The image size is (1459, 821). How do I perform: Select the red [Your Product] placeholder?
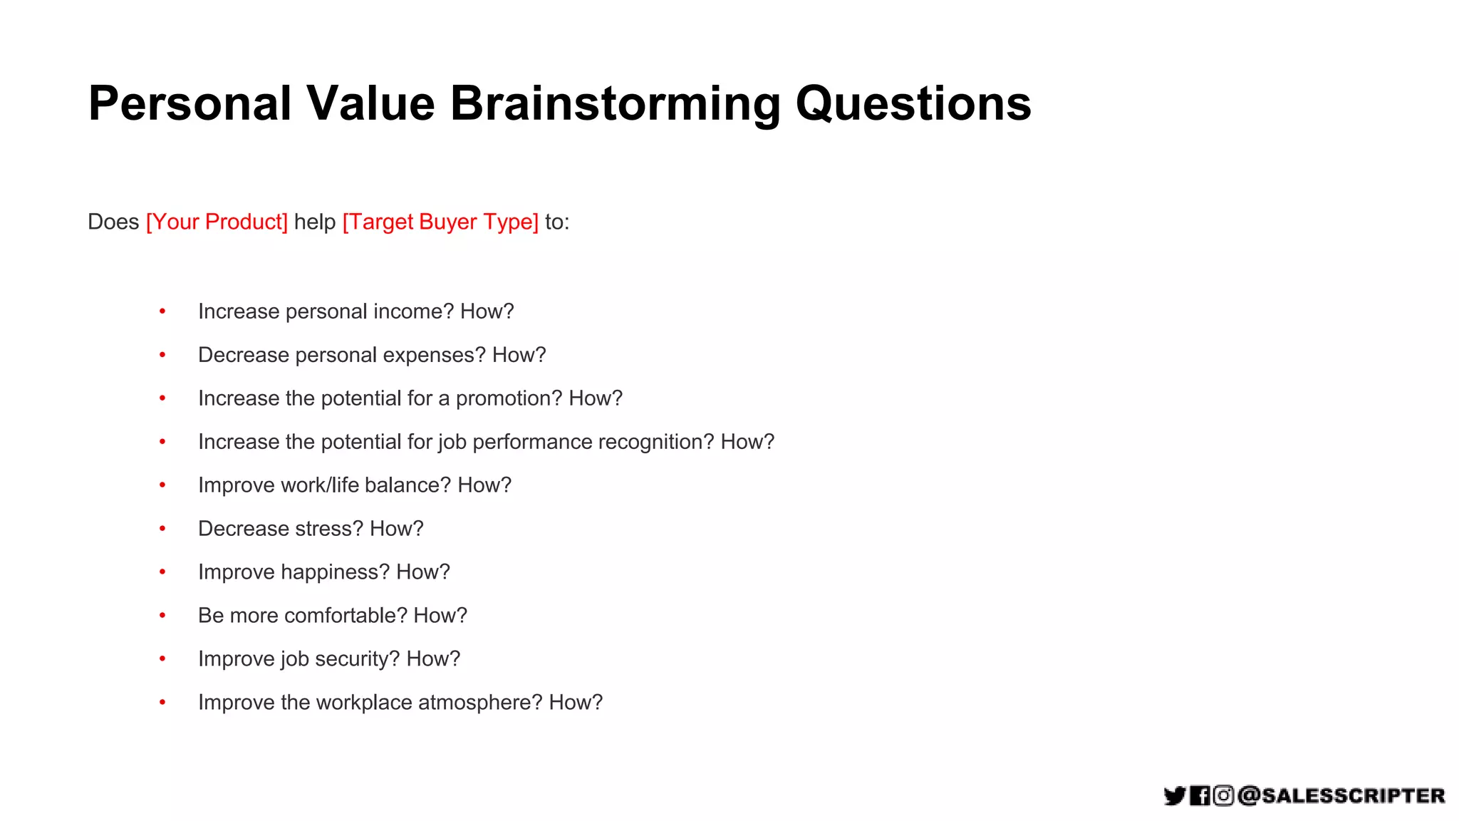[217, 222]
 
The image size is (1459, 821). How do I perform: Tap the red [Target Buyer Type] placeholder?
[440, 222]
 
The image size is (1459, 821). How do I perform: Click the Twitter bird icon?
[1174, 795]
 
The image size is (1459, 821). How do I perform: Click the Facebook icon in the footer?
[1200, 795]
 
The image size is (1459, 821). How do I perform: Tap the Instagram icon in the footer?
[1223, 795]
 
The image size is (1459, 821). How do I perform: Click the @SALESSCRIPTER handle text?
[1341, 795]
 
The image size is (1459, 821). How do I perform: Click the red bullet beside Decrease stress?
[162, 529]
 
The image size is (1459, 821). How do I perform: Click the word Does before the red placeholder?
[113, 222]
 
